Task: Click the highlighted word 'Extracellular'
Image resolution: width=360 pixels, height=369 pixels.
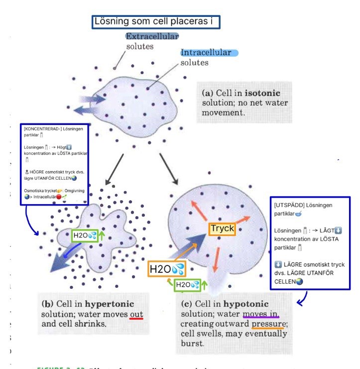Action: [152, 37]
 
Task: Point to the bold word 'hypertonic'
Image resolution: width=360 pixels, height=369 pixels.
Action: [110, 304]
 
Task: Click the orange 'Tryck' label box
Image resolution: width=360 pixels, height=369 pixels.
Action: [222, 229]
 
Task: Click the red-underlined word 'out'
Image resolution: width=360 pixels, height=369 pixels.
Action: [136, 314]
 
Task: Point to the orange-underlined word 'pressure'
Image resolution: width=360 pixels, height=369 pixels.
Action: [268, 324]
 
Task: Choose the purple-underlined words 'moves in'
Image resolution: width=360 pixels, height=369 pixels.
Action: [260, 314]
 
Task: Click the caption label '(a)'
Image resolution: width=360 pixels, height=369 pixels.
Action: [208, 94]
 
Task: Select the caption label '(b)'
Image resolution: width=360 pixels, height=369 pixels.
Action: [48, 304]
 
